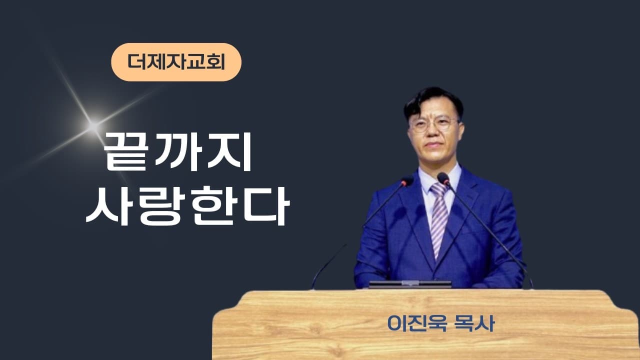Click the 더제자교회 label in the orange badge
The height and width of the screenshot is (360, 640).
(176, 62)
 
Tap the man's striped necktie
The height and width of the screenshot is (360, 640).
(439, 220)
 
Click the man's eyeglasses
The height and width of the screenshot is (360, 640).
(433, 123)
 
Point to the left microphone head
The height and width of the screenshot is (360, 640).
(407, 181)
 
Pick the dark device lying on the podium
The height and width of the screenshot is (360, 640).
(410, 284)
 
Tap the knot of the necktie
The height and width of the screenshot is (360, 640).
(439, 189)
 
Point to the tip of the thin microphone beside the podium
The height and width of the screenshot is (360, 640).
(345, 245)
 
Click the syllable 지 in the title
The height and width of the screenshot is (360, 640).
(232, 152)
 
